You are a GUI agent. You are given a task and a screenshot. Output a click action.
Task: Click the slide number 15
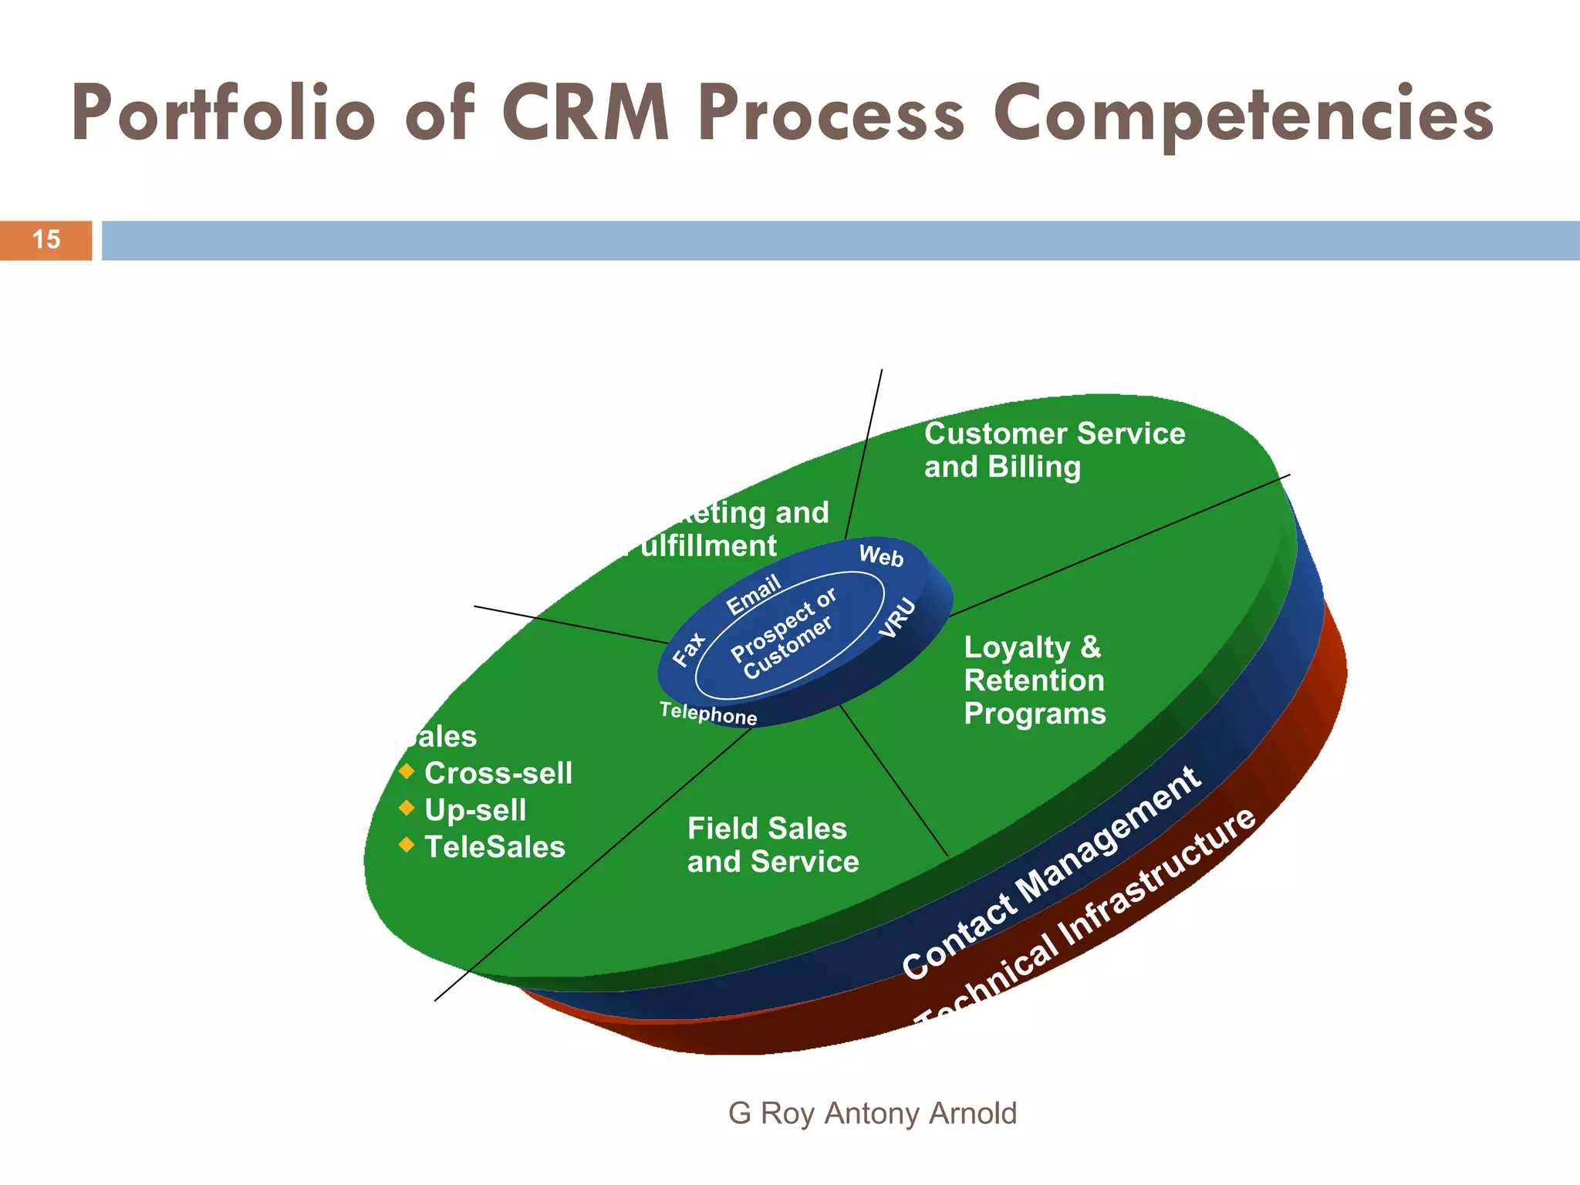pos(46,240)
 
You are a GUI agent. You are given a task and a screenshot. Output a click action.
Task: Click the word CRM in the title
pos(586,114)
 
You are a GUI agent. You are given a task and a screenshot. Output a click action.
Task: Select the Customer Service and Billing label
pos(1054,450)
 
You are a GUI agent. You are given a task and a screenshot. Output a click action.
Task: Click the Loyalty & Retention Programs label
pos(1034,680)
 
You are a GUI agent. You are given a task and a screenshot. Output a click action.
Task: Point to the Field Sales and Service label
pos(772,845)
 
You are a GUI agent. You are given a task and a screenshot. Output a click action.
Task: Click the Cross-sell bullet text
pos(498,773)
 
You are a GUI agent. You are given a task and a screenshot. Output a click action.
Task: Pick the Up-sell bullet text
pos(475,810)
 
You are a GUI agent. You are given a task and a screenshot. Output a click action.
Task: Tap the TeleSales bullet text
pos(495,847)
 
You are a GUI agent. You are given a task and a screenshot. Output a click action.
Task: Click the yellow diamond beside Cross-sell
pos(407,771)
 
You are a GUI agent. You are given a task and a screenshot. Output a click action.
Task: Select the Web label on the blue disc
pos(881,555)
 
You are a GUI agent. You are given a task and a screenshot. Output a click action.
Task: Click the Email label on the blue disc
pos(754,595)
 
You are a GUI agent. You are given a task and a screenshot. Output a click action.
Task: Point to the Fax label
pos(689,649)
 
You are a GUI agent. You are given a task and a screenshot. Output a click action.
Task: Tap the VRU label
pos(898,618)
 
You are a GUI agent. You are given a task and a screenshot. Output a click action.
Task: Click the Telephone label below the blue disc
pos(708,714)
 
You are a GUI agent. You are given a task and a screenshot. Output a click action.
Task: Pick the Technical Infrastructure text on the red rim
pos(1088,918)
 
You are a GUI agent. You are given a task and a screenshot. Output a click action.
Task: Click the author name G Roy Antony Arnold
pos(873,1113)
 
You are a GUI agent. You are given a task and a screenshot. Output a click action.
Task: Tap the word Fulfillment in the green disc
pos(706,546)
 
